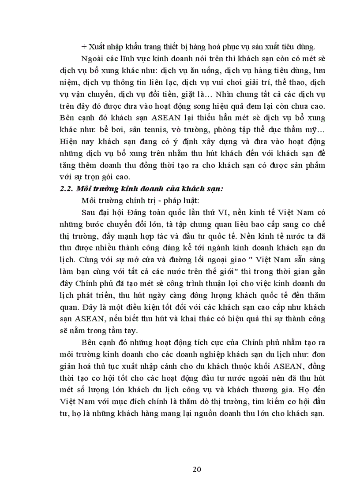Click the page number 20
tap(197, 469)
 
